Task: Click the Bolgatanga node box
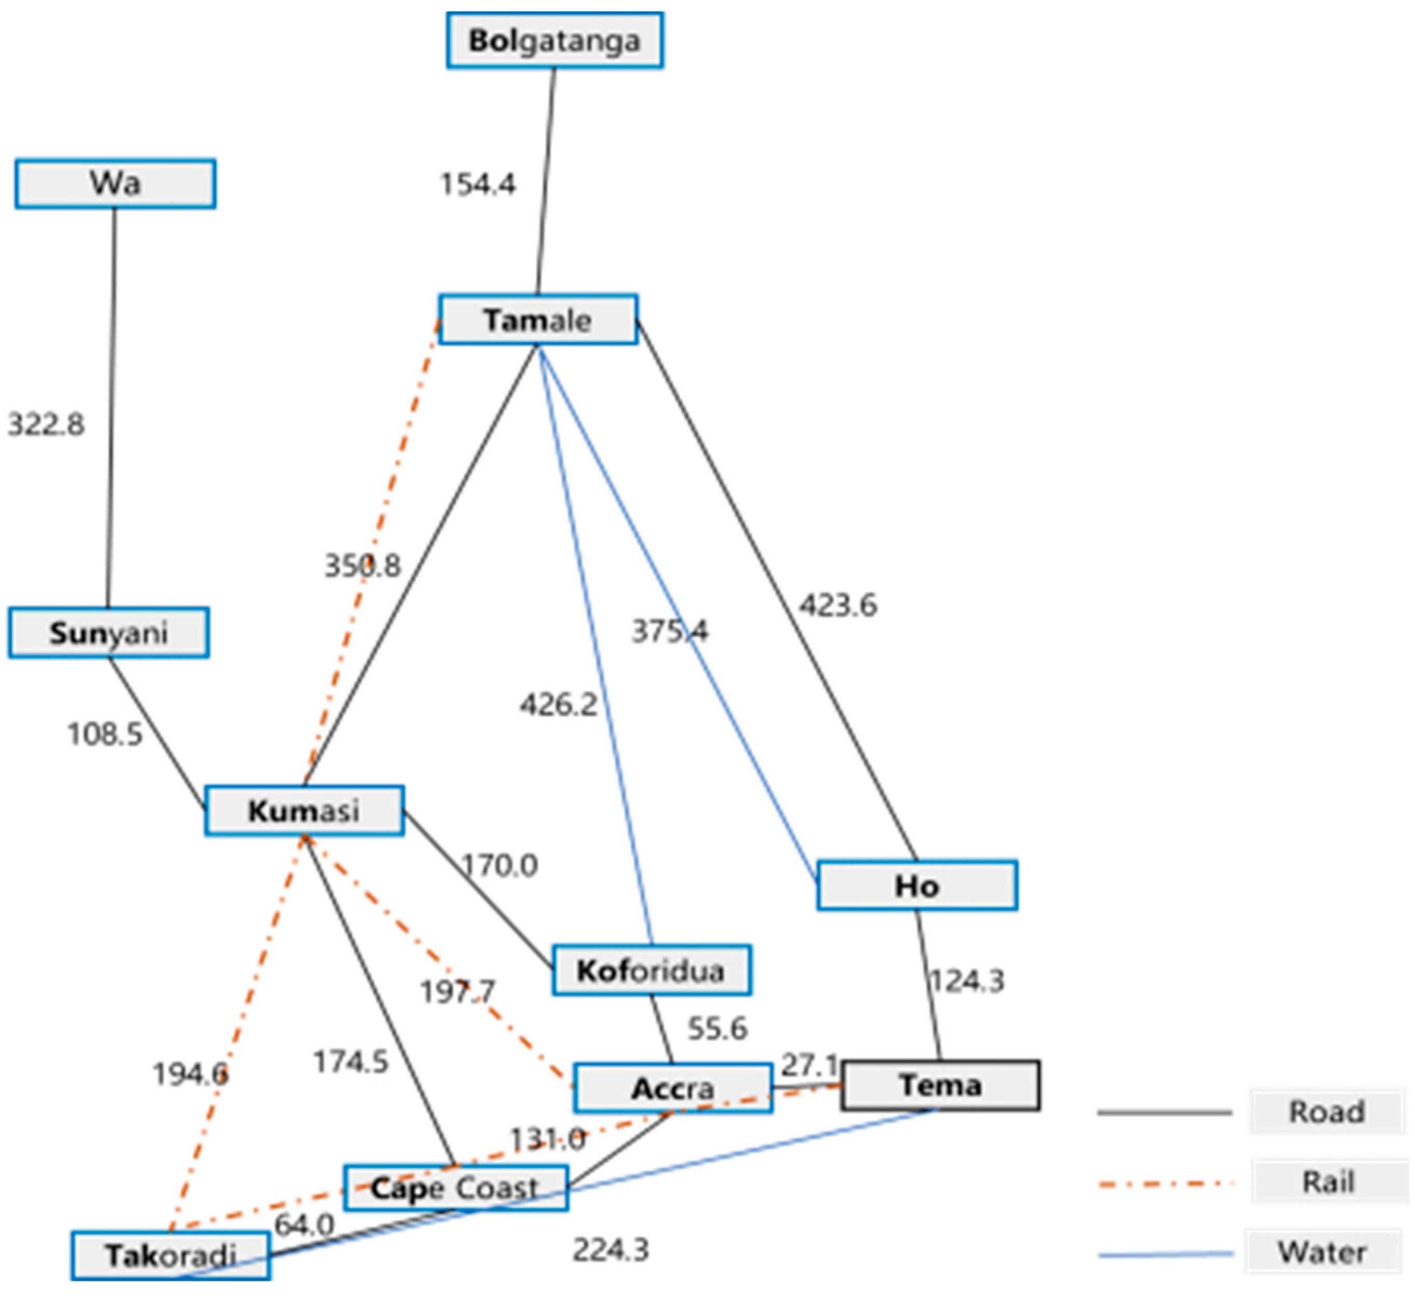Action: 554,40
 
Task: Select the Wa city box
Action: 115,184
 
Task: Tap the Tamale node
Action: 538,320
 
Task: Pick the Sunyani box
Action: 109,633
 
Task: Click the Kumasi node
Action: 304,811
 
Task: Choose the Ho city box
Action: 917,885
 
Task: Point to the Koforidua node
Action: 651,970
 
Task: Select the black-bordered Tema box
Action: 940,1085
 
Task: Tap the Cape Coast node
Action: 455,1188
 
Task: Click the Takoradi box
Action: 171,1256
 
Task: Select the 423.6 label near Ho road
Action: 838,605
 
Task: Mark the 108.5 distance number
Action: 105,734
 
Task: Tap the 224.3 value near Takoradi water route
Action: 611,1250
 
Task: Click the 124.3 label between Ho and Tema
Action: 967,981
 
